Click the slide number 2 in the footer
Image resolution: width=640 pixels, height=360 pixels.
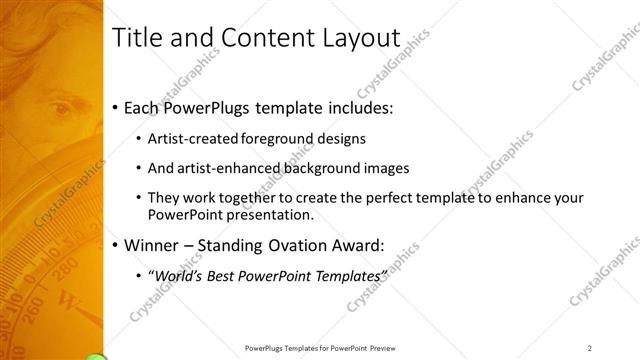[x=589, y=348]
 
